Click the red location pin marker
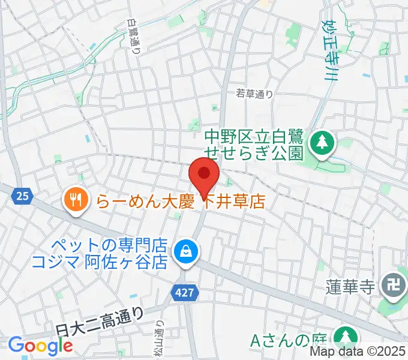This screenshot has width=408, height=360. (x=204, y=175)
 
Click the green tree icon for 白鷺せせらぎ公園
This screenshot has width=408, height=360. (x=323, y=142)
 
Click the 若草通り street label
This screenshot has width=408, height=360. (x=254, y=93)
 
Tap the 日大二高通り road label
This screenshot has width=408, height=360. (x=100, y=322)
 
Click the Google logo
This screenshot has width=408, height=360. (x=40, y=346)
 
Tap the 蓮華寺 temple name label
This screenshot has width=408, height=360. (x=351, y=284)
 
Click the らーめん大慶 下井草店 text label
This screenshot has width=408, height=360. (x=180, y=200)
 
